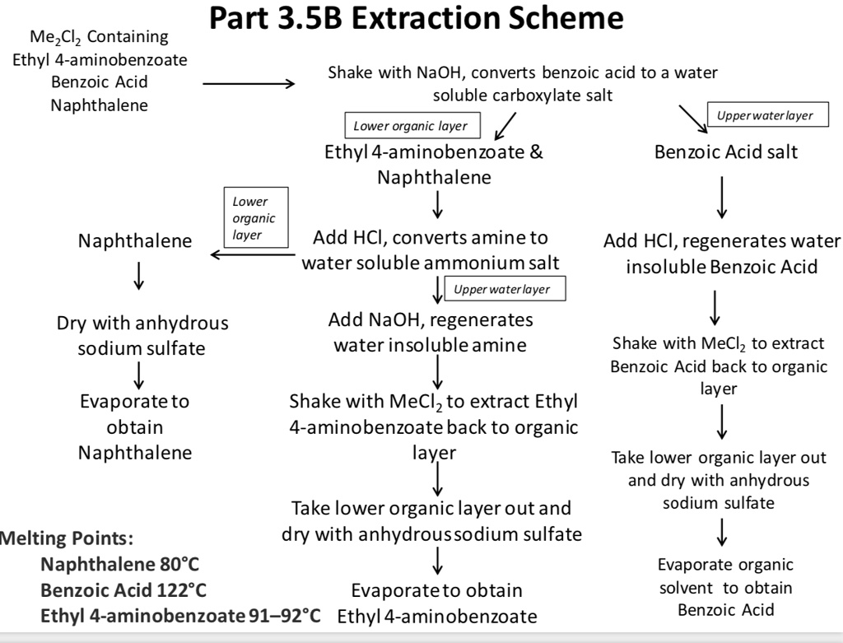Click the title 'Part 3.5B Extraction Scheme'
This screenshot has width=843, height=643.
coord(417,18)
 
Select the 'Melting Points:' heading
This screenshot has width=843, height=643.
coord(66,539)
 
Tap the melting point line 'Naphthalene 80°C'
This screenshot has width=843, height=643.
coord(120,565)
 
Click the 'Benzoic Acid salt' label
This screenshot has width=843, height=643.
coord(725,152)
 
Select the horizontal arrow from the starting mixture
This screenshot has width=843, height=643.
coord(248,84)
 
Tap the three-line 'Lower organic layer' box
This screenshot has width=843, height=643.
coord(254,218)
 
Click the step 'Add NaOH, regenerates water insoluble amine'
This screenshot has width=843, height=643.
coord(430,332)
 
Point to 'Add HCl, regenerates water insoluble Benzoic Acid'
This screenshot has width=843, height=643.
coord(722,254)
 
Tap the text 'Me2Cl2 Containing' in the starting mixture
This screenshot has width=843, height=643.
coord(99,37)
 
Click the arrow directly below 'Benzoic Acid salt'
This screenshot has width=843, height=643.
coord(722,195)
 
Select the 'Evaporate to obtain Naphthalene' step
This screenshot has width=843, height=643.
coord(135,426)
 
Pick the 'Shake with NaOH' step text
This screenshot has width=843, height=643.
coord(522,83)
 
